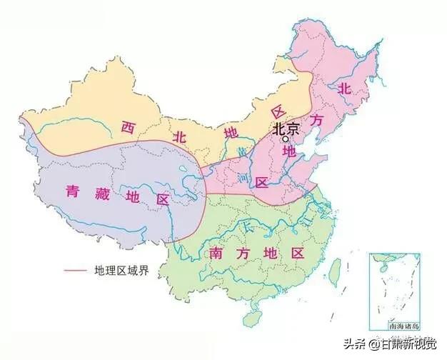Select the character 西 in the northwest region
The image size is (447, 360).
click(128, 128)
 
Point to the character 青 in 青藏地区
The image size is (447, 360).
click(73, 192)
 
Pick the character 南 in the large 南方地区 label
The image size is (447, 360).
click(219, 254)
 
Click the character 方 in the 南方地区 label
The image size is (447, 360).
click(246, 254)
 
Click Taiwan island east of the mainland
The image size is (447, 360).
click(335, 274)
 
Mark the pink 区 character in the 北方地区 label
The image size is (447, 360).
click(262, 183)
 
